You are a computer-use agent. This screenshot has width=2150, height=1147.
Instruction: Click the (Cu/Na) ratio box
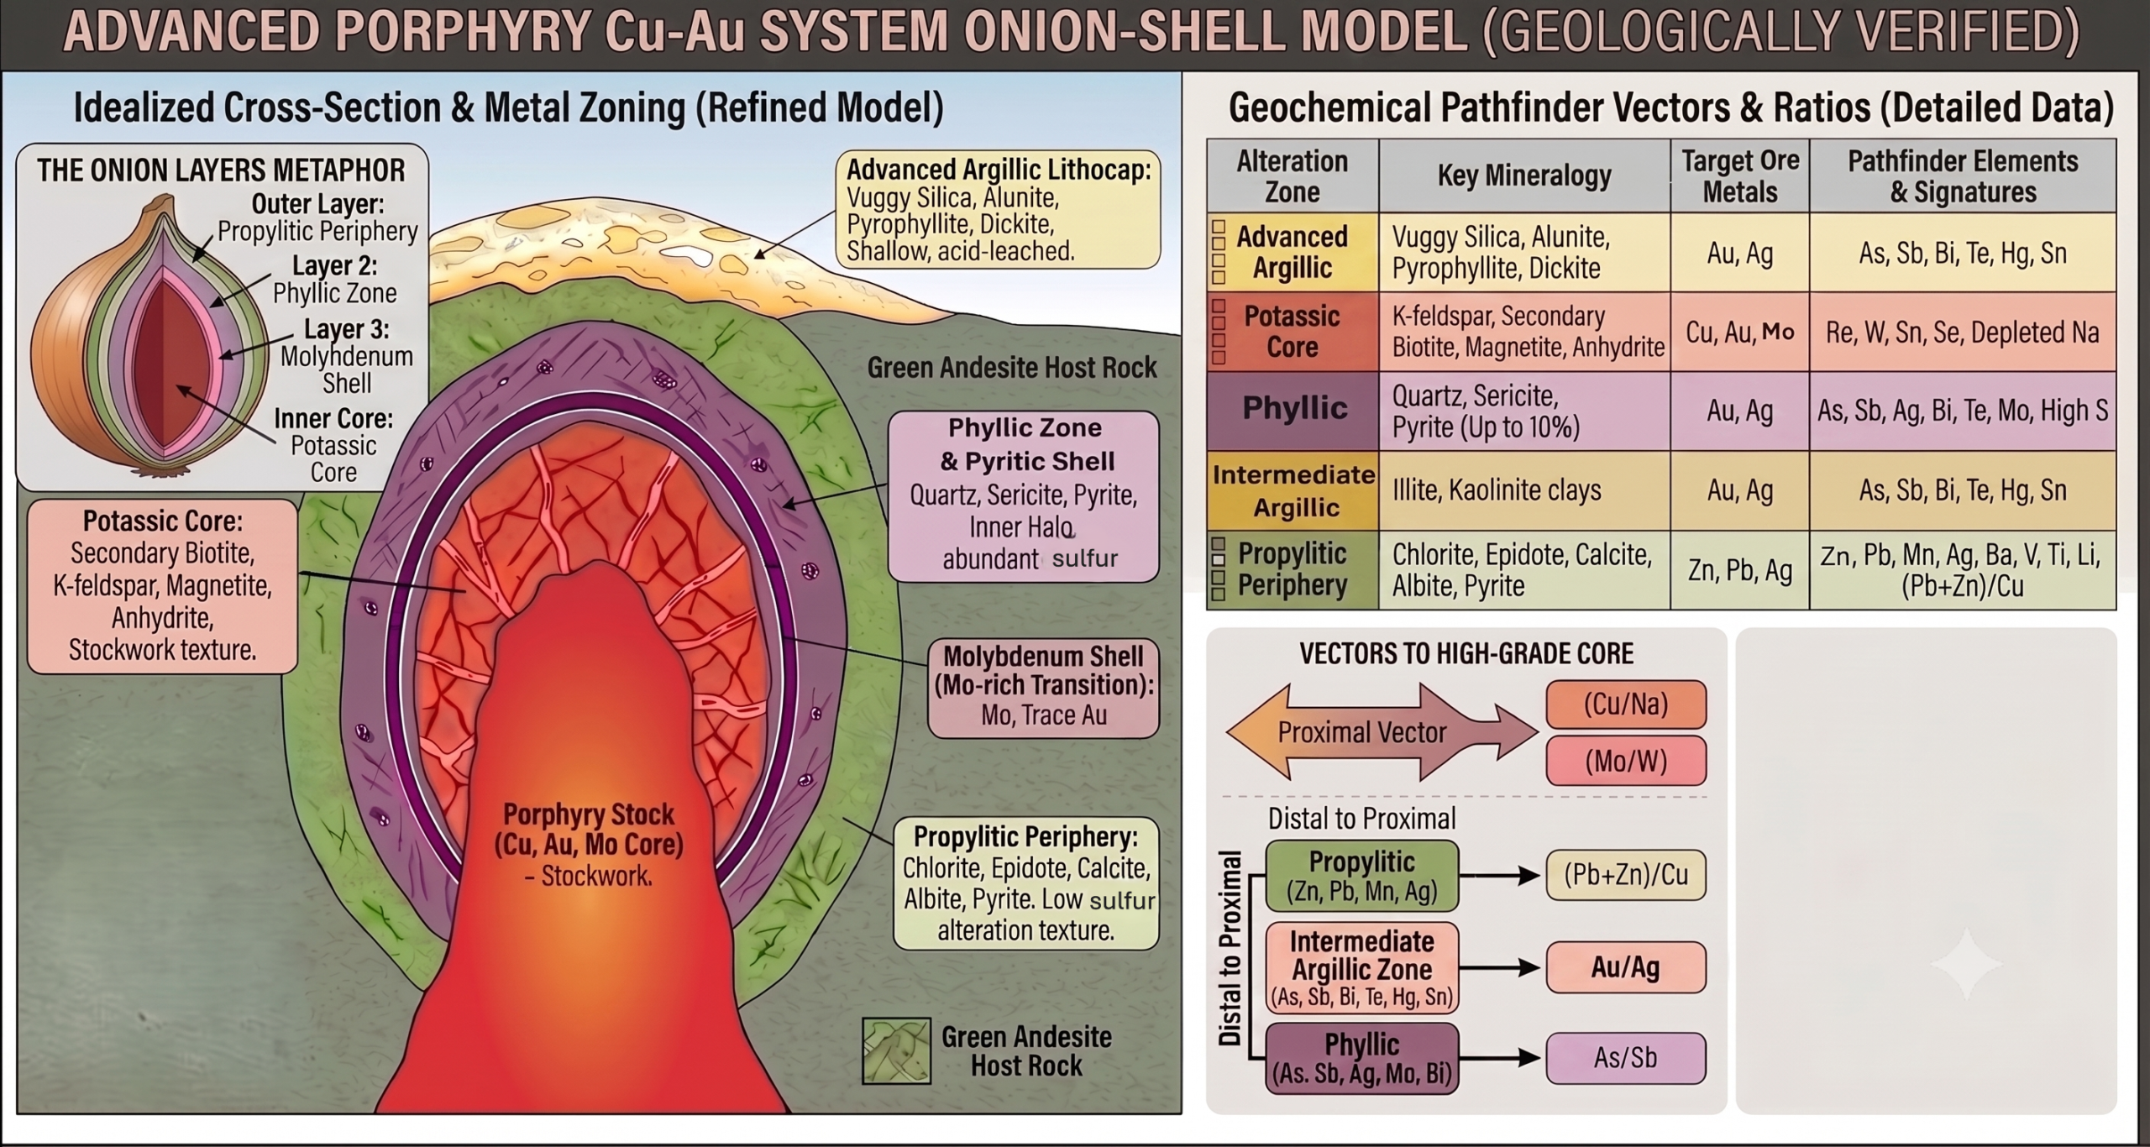tap(1626, 704)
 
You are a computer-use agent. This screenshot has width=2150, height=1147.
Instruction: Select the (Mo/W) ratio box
tap(1626, 761)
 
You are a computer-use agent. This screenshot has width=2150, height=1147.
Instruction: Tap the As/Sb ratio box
tap(1626, 1057)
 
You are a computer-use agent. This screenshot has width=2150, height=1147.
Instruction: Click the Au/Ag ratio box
tap(1626, 967)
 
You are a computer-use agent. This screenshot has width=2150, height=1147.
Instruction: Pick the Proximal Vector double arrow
tap(1382, 732)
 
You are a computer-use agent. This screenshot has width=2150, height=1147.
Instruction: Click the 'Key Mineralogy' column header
tap(1524, 175)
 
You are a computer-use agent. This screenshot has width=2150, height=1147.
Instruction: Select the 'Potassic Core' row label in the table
tap(1293, 332)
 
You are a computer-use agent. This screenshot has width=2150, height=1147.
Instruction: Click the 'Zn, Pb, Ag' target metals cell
tap(1740, 570)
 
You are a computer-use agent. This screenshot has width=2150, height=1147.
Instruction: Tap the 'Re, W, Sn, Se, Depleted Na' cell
tap(1963, 332)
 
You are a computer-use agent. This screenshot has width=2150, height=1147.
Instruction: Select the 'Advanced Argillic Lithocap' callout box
tap(999, 209)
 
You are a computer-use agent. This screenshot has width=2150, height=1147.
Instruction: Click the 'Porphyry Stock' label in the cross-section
tap(590, 844)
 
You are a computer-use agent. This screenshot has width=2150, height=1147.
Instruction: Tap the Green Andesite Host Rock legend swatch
tap(896, 1050)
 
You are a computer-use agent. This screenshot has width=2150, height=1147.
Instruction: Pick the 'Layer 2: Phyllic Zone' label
tap(334, 279)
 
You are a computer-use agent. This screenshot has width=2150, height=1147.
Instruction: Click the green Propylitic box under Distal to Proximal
tap(1362, 876)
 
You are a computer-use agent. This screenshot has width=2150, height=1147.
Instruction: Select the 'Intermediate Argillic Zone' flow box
tap(1362, 967)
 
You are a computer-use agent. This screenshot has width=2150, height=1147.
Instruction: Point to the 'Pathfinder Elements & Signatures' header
tap(1963, 175)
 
